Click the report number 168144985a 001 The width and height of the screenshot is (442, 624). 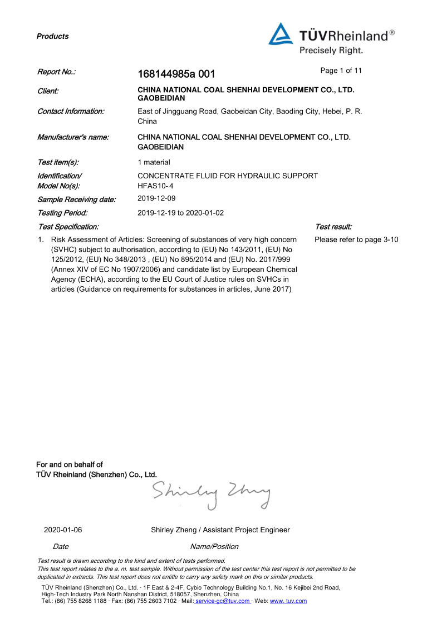(x=176, y=74)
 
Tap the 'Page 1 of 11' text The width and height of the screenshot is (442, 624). (x=341, y=71)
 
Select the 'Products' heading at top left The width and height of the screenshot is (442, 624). (x=53, y=37)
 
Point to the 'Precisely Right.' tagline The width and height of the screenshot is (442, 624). (x=331, y=51)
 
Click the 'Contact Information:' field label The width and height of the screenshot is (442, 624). (x=71, y=111)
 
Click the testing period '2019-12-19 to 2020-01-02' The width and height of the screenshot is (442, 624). (x=181, y=212)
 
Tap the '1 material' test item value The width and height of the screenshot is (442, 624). (x=154, y=162)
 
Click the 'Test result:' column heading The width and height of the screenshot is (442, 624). (x=333, y=227)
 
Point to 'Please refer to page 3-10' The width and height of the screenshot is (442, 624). (x=356, y=239)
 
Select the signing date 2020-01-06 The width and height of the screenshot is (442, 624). (x=63, y=530)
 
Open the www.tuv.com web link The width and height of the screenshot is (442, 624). (x=288, y=601)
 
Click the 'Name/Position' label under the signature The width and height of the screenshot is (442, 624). (x=214, y=546)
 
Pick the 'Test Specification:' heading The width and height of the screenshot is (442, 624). (x=68, y=227)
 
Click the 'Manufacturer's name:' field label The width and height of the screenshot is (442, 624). (x=73, y=137)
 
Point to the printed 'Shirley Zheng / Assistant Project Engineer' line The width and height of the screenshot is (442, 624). (x=220, y=530)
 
